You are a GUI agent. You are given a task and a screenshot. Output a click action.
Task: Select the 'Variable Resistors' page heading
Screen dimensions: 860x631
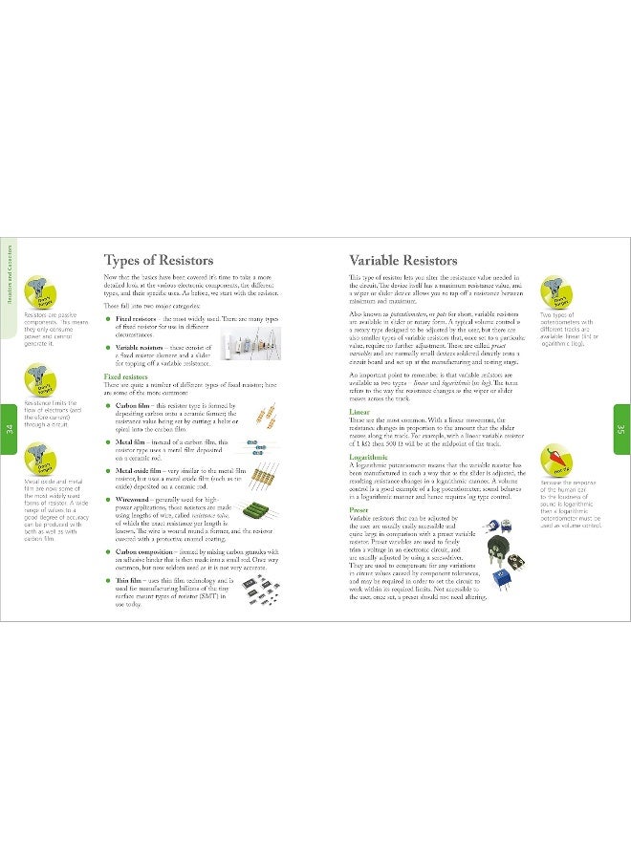point(403,260)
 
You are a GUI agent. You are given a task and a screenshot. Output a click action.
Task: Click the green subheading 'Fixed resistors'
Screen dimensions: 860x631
point(125,377)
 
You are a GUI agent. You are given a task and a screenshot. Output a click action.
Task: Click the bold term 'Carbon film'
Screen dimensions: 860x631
point(134,405)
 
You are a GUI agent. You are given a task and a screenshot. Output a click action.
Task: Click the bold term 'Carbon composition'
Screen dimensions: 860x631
point(150,552)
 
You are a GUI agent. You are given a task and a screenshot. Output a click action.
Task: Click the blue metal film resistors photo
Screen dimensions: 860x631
point(255,447)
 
